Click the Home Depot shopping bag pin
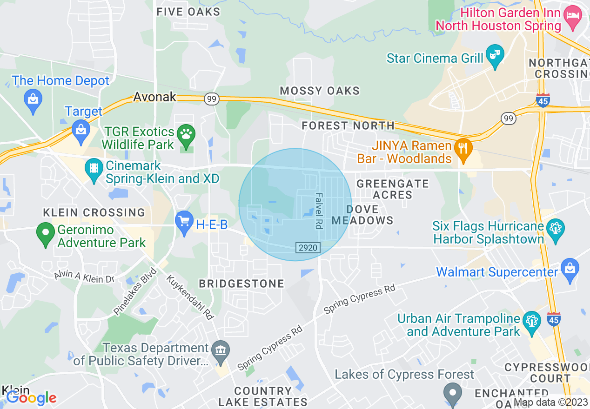pos(33,99)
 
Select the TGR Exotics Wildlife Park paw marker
pos(187,135)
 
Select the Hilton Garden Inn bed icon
pos(572,17)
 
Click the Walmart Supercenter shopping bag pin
pos(570,269)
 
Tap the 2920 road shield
pos(308,248)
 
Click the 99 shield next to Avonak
pos(211,99)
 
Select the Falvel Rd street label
pos(319,211)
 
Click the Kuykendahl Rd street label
pos(190,297)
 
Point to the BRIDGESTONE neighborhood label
pos(241,284)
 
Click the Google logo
pos(31,398)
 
